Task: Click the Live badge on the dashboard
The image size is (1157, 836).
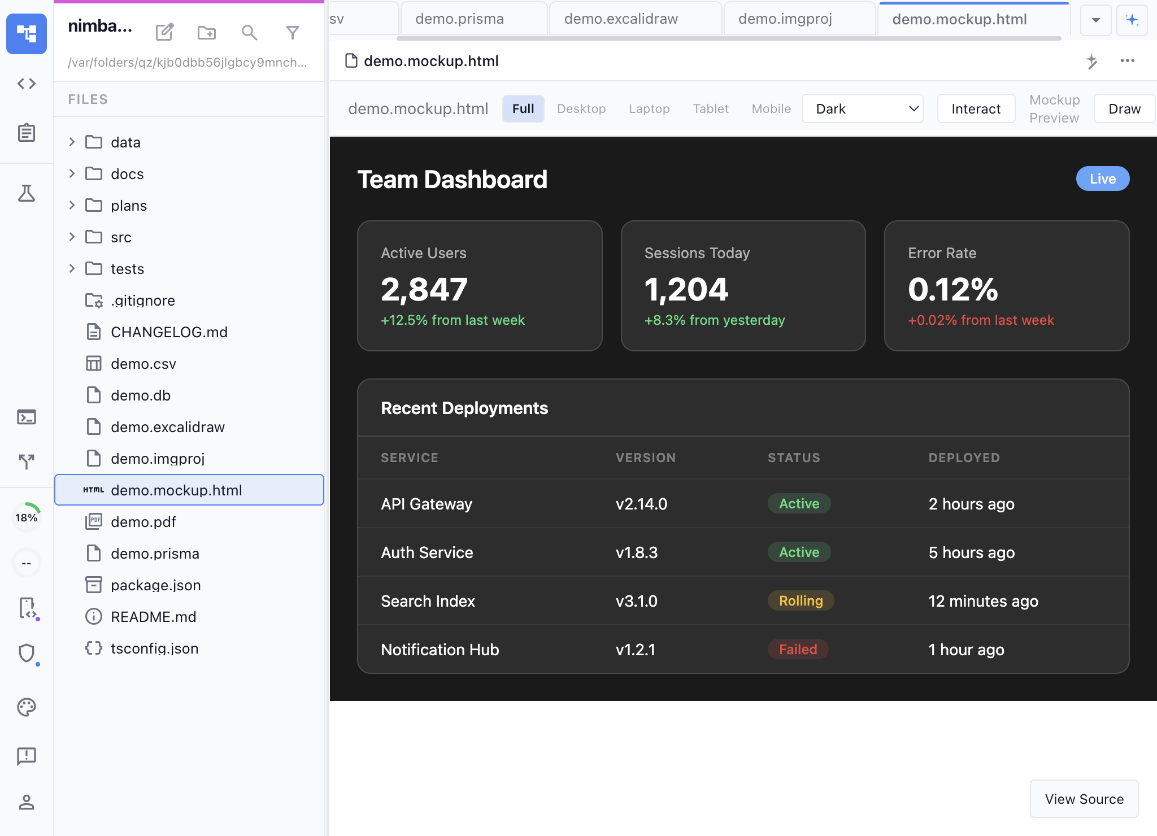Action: [1102, 179]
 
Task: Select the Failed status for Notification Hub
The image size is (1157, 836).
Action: [798, 650]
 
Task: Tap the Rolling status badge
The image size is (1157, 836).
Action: [801, 601]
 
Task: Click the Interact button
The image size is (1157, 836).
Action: [976, 109]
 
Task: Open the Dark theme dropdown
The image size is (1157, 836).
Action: [862, 109]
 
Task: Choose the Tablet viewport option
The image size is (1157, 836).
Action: [711, 109]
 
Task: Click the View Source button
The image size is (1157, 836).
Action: [1084, 799]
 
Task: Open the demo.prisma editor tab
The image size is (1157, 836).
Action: [459, 19]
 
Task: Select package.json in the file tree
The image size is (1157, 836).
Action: [156, 585]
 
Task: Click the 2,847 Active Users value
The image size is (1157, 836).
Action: [424, 290]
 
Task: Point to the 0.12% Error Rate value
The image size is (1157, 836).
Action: [953, 290]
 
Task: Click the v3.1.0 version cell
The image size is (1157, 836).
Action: [637, 601]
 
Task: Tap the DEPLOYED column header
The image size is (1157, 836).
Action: [964, 458]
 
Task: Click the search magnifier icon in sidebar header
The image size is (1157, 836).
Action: [249, 33]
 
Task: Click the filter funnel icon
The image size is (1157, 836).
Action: [292, 33]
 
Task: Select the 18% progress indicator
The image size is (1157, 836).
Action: [27, 517]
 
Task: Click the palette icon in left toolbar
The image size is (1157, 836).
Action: [27, 707]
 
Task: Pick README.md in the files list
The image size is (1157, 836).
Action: [154, 617]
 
